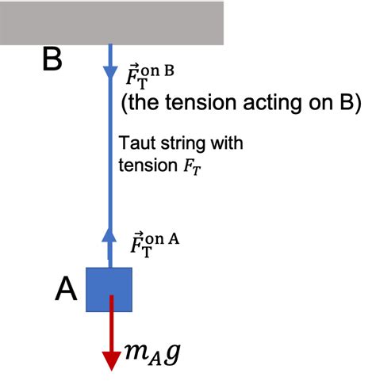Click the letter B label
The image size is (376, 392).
(52, 60)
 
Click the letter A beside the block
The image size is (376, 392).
(67, 291)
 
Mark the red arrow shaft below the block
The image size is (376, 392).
(111, 325)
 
